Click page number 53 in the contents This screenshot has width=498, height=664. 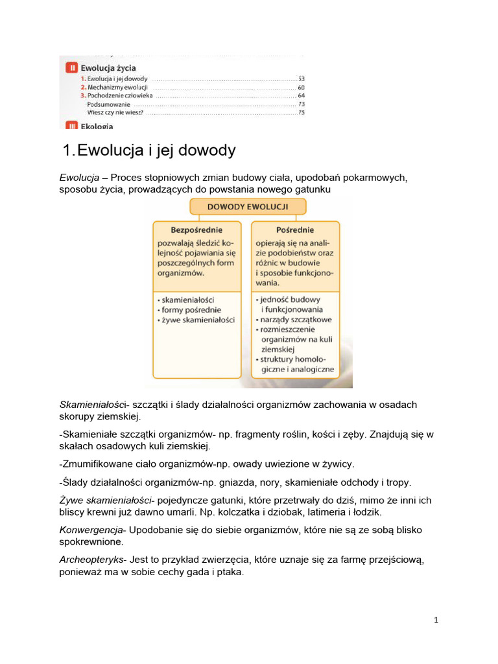pyautogui.click(x=301, y=78)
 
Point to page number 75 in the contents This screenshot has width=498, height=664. pyautogui.click(x=301, y=112)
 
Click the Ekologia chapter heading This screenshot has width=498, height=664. pyautogui.click(x=97, y=126)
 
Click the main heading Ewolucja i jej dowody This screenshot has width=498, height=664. pyautogui.click(x=148, y=151)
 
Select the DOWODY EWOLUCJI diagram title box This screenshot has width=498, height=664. pyautogui.click(x=248, y=207)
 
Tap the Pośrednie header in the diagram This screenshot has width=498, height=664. pyautogui.click(x=295, y=230)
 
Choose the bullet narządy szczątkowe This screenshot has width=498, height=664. pyautogui.click(x=296, y=320)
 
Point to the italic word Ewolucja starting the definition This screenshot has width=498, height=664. pyautogui.click(x=79, y=178)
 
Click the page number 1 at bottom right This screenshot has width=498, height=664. pyautogui.click(x=436, y=620)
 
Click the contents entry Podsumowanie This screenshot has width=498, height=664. pyautogui.click(x=108, y=104)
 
